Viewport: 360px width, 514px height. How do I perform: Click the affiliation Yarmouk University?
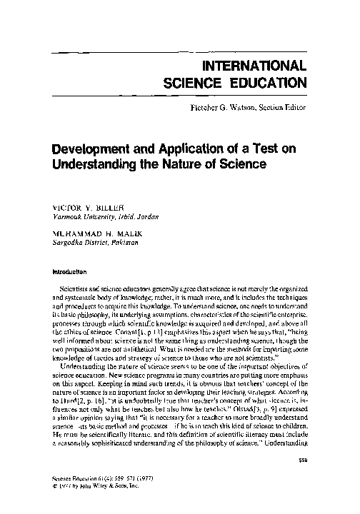[x=76, y=216]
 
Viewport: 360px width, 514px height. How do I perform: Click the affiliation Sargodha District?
[x=75, y=243]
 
